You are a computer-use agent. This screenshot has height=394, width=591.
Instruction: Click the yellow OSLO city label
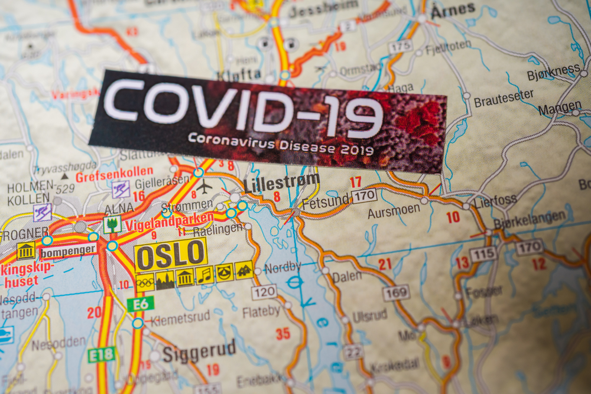(x=171, y=254)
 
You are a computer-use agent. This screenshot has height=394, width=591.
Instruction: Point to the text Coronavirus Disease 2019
(x=281, y=145)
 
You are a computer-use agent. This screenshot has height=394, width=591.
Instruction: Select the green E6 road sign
(x=140, y=304)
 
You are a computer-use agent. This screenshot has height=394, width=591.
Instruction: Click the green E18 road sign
(x=100, y=355)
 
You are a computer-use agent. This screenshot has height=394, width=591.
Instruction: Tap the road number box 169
(x=395, y=292)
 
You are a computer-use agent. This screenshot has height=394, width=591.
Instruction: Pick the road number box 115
(x=483, y=255)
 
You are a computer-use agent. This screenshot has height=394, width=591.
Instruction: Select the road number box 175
(x=400, y=47)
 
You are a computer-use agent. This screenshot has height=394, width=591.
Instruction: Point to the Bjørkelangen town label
(x=529, y=218)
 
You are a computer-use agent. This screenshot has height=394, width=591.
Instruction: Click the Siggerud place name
(x=199, y=352)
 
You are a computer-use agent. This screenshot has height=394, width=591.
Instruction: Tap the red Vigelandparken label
(x=178, y=220)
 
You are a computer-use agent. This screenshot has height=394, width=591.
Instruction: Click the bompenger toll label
(x=68, y=250)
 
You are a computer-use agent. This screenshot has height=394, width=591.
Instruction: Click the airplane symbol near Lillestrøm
(x=204, y=187)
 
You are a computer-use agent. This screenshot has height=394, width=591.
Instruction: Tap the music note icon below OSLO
(x=204, y=275)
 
